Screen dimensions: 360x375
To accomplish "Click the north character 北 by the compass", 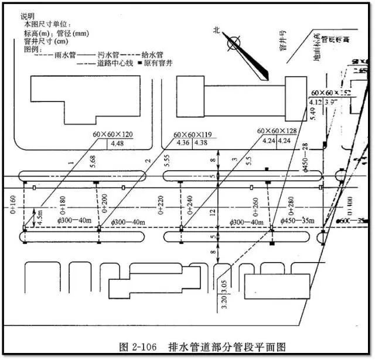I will (217, 30).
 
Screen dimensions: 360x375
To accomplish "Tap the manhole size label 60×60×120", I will (112, 134).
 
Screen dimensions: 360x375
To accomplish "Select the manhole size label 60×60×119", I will (193, 134).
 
